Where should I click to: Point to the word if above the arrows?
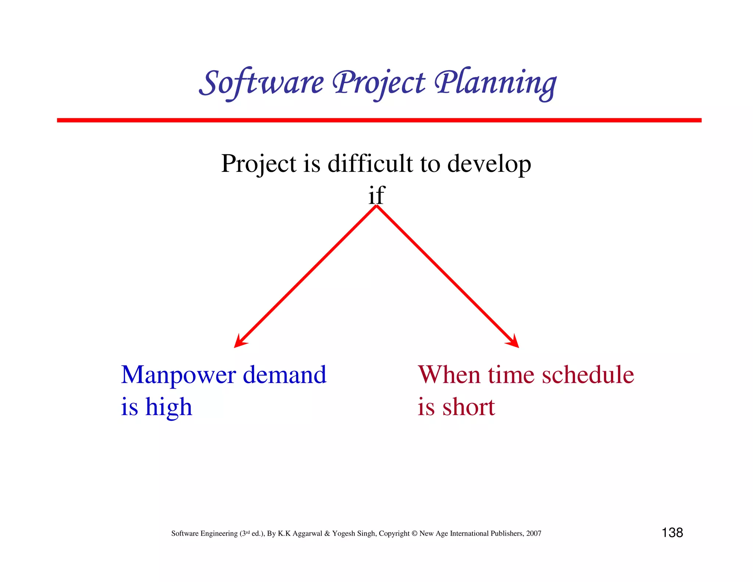(x=376, y=195)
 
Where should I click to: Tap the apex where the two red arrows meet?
(x=376, y=207)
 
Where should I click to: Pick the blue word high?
(x=169, y=408)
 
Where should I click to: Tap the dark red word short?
(x=468, y=407)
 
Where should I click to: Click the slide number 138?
(x=672, y=533)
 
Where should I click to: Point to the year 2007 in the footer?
(x=533, y=533)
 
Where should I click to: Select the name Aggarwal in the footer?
(x=307, y=533)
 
